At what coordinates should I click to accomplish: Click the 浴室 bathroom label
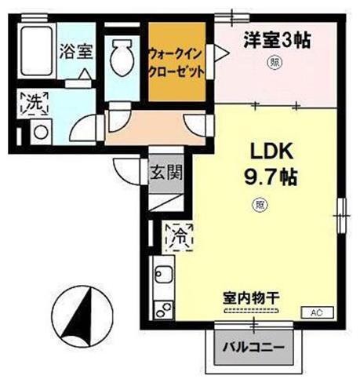(x=75, y=53)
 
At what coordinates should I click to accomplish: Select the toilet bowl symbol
(x=123, y=57)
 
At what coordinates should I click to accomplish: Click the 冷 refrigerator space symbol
(x=179, y=233)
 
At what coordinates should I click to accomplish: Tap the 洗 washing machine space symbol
(x=33, y=101)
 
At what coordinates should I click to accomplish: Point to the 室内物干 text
(x=252, y=297)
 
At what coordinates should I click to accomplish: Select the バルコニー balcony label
(x=252, y=346)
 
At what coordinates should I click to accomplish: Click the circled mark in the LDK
(x=259, y=206)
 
